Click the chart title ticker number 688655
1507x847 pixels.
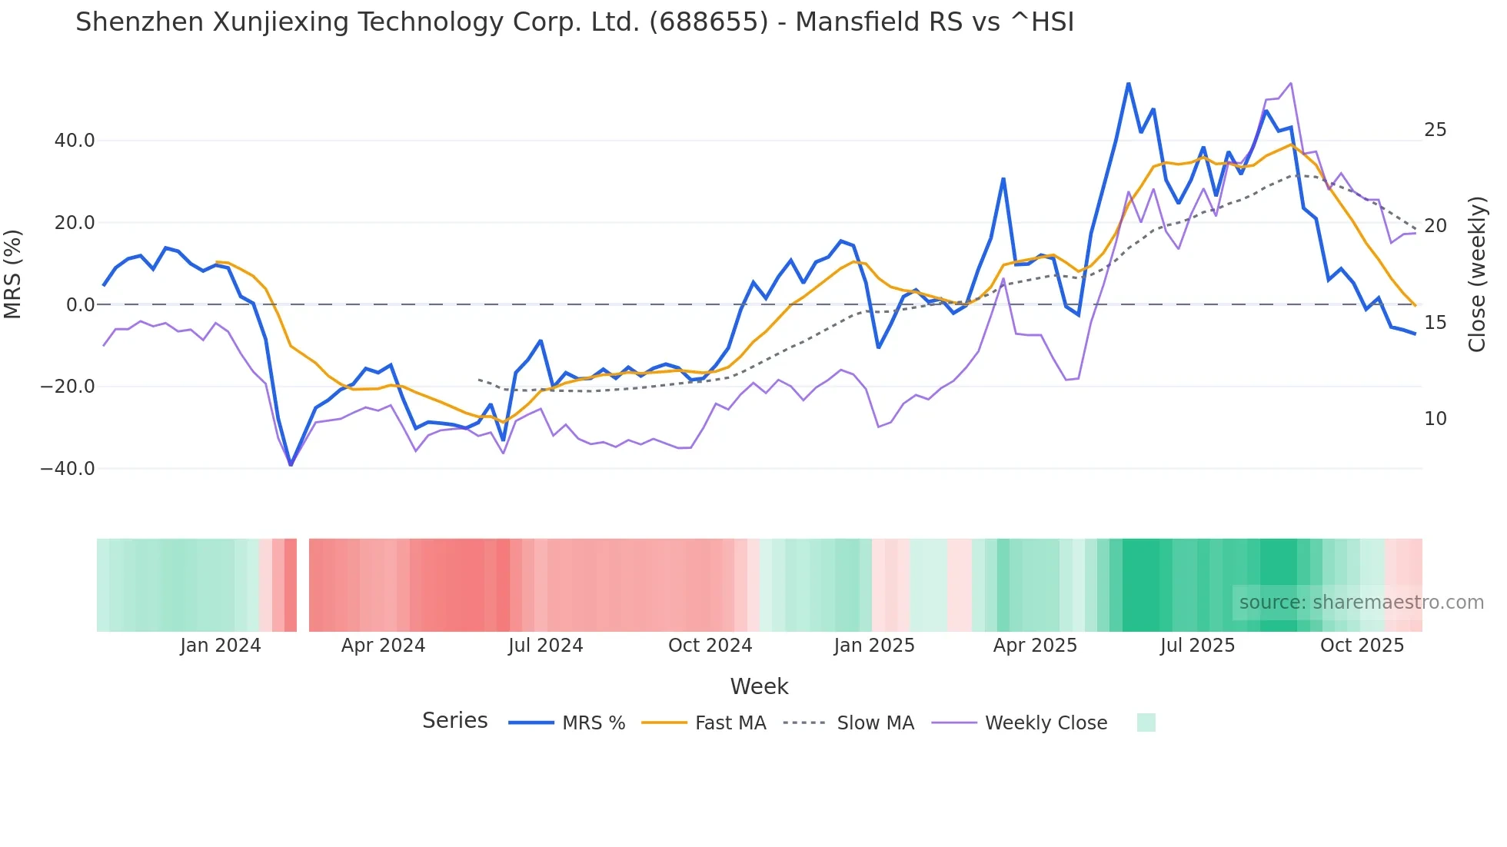point(707,22)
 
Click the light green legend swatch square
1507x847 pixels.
point(1146,722)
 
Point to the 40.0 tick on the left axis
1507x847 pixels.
point(75,141)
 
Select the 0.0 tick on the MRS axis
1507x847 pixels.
point(80,305)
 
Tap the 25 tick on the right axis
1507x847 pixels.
point(1435,130)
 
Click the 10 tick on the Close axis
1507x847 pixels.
point(1435,419)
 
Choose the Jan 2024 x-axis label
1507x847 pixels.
point(221,646)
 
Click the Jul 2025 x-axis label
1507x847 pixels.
point(1197,646)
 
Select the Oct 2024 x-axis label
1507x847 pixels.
point(710,646)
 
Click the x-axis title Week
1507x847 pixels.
point(759,686)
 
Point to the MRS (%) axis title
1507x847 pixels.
point(13,274)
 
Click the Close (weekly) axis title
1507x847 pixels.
point(1476,274)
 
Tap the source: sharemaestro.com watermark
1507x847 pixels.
point(1361,603)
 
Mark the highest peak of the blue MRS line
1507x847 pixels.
point(1128,83)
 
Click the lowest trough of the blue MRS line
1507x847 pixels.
point(291,465)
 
